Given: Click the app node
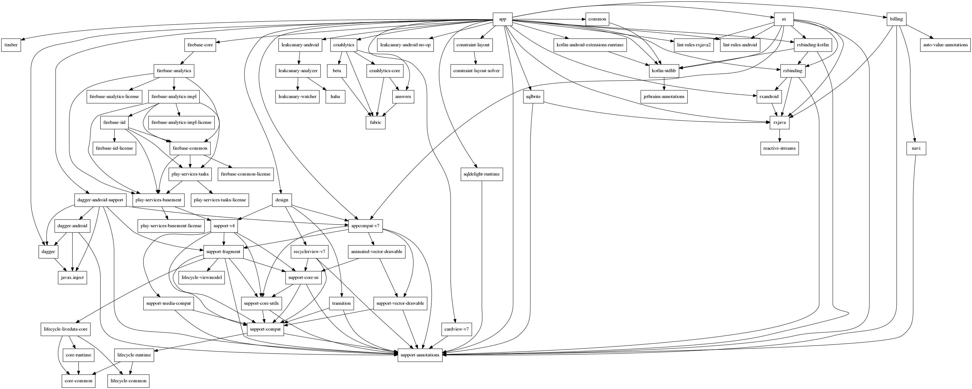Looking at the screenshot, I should click(x=503, y=19).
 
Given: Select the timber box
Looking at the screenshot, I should click(x=11, y=45).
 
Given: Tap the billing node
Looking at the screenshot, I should click(x=896, y=19).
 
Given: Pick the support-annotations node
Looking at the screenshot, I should click(x=420, y=355).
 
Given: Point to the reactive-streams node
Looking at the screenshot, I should click(x=779, y=148).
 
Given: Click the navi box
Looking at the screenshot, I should click(x=916, y=148).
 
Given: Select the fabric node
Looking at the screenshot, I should click(x=375, y=122).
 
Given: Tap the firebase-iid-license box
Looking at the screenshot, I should click(x=114, y=148).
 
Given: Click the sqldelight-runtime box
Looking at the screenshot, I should click(x=481, y=174).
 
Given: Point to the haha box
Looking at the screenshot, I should click(x=335, y=97).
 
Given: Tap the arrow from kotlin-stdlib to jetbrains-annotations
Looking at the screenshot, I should click(x=663, y=84).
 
